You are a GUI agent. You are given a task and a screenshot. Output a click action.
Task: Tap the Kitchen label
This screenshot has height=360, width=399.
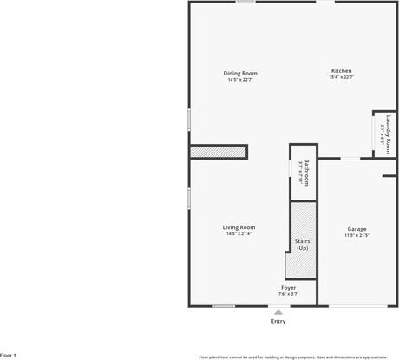[341, 71]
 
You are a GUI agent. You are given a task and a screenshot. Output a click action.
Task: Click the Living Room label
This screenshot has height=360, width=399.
[239, 227]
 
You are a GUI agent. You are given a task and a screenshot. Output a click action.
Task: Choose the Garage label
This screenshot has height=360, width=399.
[357, 229]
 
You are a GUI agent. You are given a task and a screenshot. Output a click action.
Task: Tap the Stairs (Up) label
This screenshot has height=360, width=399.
[302, 245]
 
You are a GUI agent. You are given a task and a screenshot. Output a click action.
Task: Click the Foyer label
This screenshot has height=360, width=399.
[289, 287]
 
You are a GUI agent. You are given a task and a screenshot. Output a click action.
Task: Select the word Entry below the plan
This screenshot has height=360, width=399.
[278, 322]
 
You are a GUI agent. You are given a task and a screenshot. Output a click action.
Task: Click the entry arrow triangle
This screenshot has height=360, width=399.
[278, 311]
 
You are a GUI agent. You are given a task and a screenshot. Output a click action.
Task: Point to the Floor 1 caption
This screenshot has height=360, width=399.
[9, 355]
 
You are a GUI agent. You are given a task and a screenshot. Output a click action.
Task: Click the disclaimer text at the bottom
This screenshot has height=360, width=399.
[293, 356]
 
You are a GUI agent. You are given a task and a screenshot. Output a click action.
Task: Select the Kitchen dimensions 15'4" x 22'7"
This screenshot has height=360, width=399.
[341, 78]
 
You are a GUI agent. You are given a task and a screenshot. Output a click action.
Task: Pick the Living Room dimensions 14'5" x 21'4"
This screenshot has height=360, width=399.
[239, 234]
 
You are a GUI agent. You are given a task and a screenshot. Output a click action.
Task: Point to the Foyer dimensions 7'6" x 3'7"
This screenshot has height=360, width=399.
[289, 294]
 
